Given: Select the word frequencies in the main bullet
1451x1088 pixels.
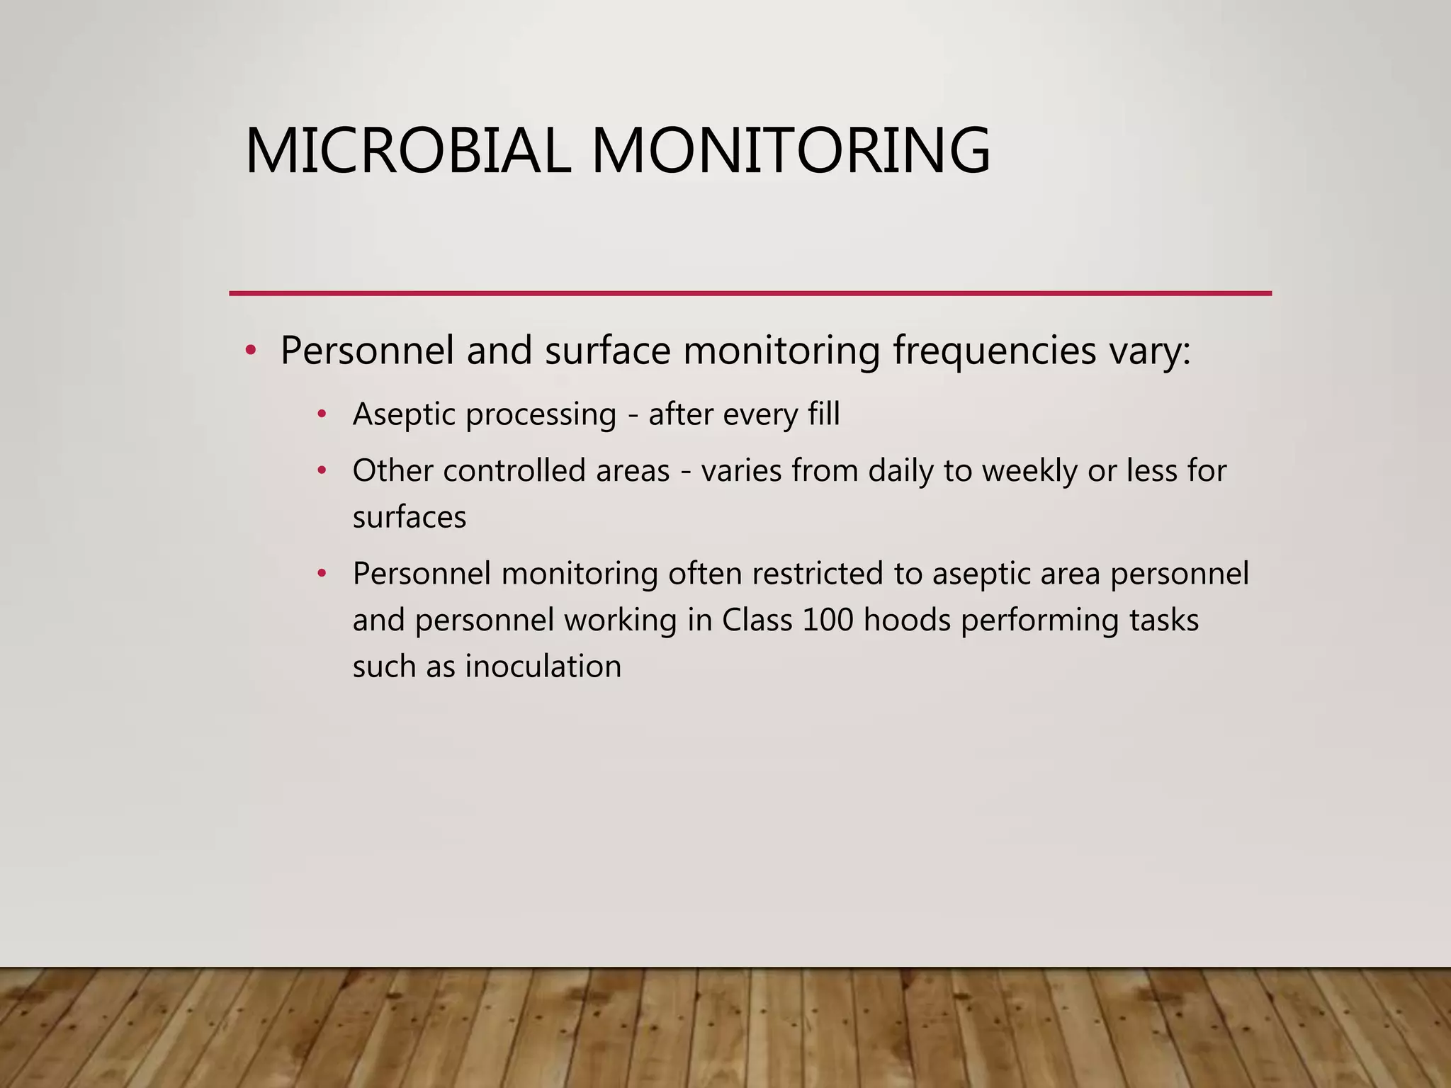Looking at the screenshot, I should click(x=994, y=351).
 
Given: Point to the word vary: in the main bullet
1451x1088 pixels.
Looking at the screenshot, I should click(x=1149, y=351).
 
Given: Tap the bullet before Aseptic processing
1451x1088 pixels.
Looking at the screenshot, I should click(x=322, y=414).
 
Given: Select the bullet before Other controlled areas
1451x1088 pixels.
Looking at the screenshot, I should click(x=322, y=470).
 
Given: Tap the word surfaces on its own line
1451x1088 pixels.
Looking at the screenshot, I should click(x=410, y=518).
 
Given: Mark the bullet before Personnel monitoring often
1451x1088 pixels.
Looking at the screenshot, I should click(x=322, y=573).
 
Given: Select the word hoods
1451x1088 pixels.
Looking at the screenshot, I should click(x=907, y=620).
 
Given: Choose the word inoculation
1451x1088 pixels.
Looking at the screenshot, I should click(x=543, y=667).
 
